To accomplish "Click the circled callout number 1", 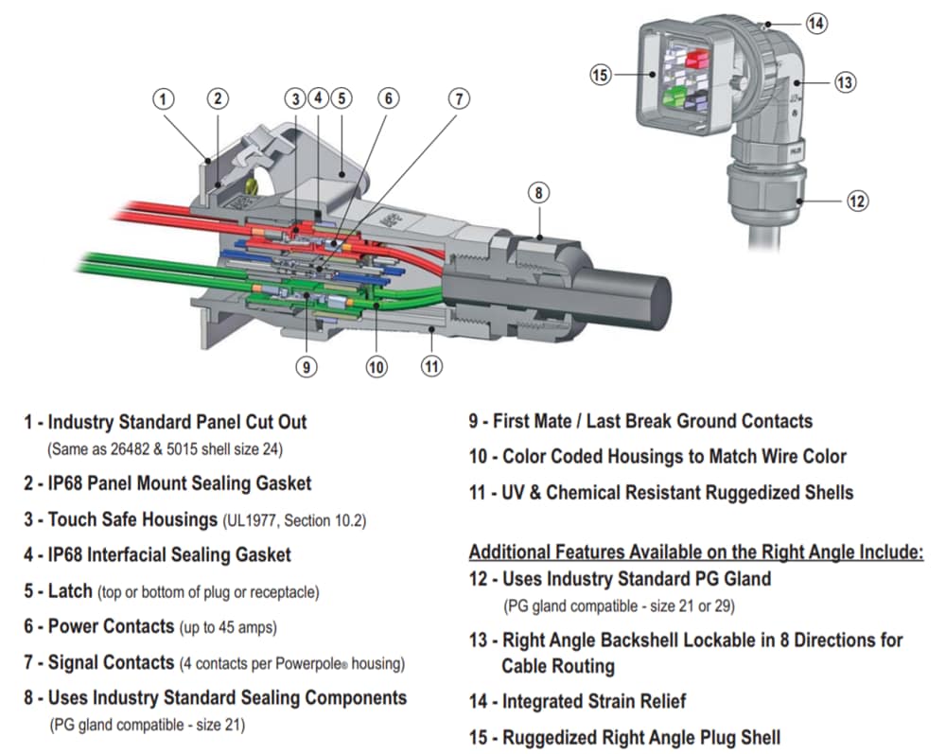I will (x=165, y=98).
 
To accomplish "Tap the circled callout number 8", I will (x=537, y=193).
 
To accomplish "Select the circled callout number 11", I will (x=431, y=364).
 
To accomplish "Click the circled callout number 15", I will (x=601, y=75).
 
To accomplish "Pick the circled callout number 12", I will (x=857, y=201).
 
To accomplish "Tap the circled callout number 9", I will (x=306, y=366).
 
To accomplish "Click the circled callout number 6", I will (x=388, y=98).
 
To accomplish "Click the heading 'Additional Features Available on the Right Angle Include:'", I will (x=695, y=552).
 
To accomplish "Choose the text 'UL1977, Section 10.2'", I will (x=295, y=520).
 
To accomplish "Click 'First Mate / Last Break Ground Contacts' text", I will (x=652, y=421).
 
